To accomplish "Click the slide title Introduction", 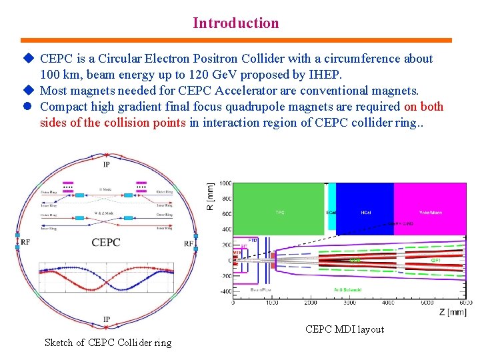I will coord(236,23).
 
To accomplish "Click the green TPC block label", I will coord(281,213).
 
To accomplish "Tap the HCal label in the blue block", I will coord(365,213).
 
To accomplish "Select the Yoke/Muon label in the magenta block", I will coord(430,213).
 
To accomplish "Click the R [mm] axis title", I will coord(211,197).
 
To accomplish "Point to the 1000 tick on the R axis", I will coord(225,183).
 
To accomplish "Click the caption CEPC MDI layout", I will coord(345,329).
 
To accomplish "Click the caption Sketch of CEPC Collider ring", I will coord(108,343).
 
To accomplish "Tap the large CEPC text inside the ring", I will coord(106,242).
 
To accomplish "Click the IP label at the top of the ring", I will coord(107,165).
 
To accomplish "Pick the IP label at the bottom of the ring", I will coord(107,320).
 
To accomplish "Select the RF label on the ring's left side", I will coord(25,243).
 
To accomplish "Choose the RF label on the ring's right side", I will coord(189,243).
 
